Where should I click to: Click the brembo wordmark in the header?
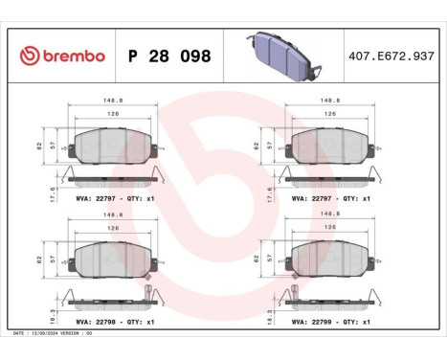tap(70, 56)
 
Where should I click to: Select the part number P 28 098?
tap(167, 56)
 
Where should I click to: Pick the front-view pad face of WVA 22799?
tap(329, 257)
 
